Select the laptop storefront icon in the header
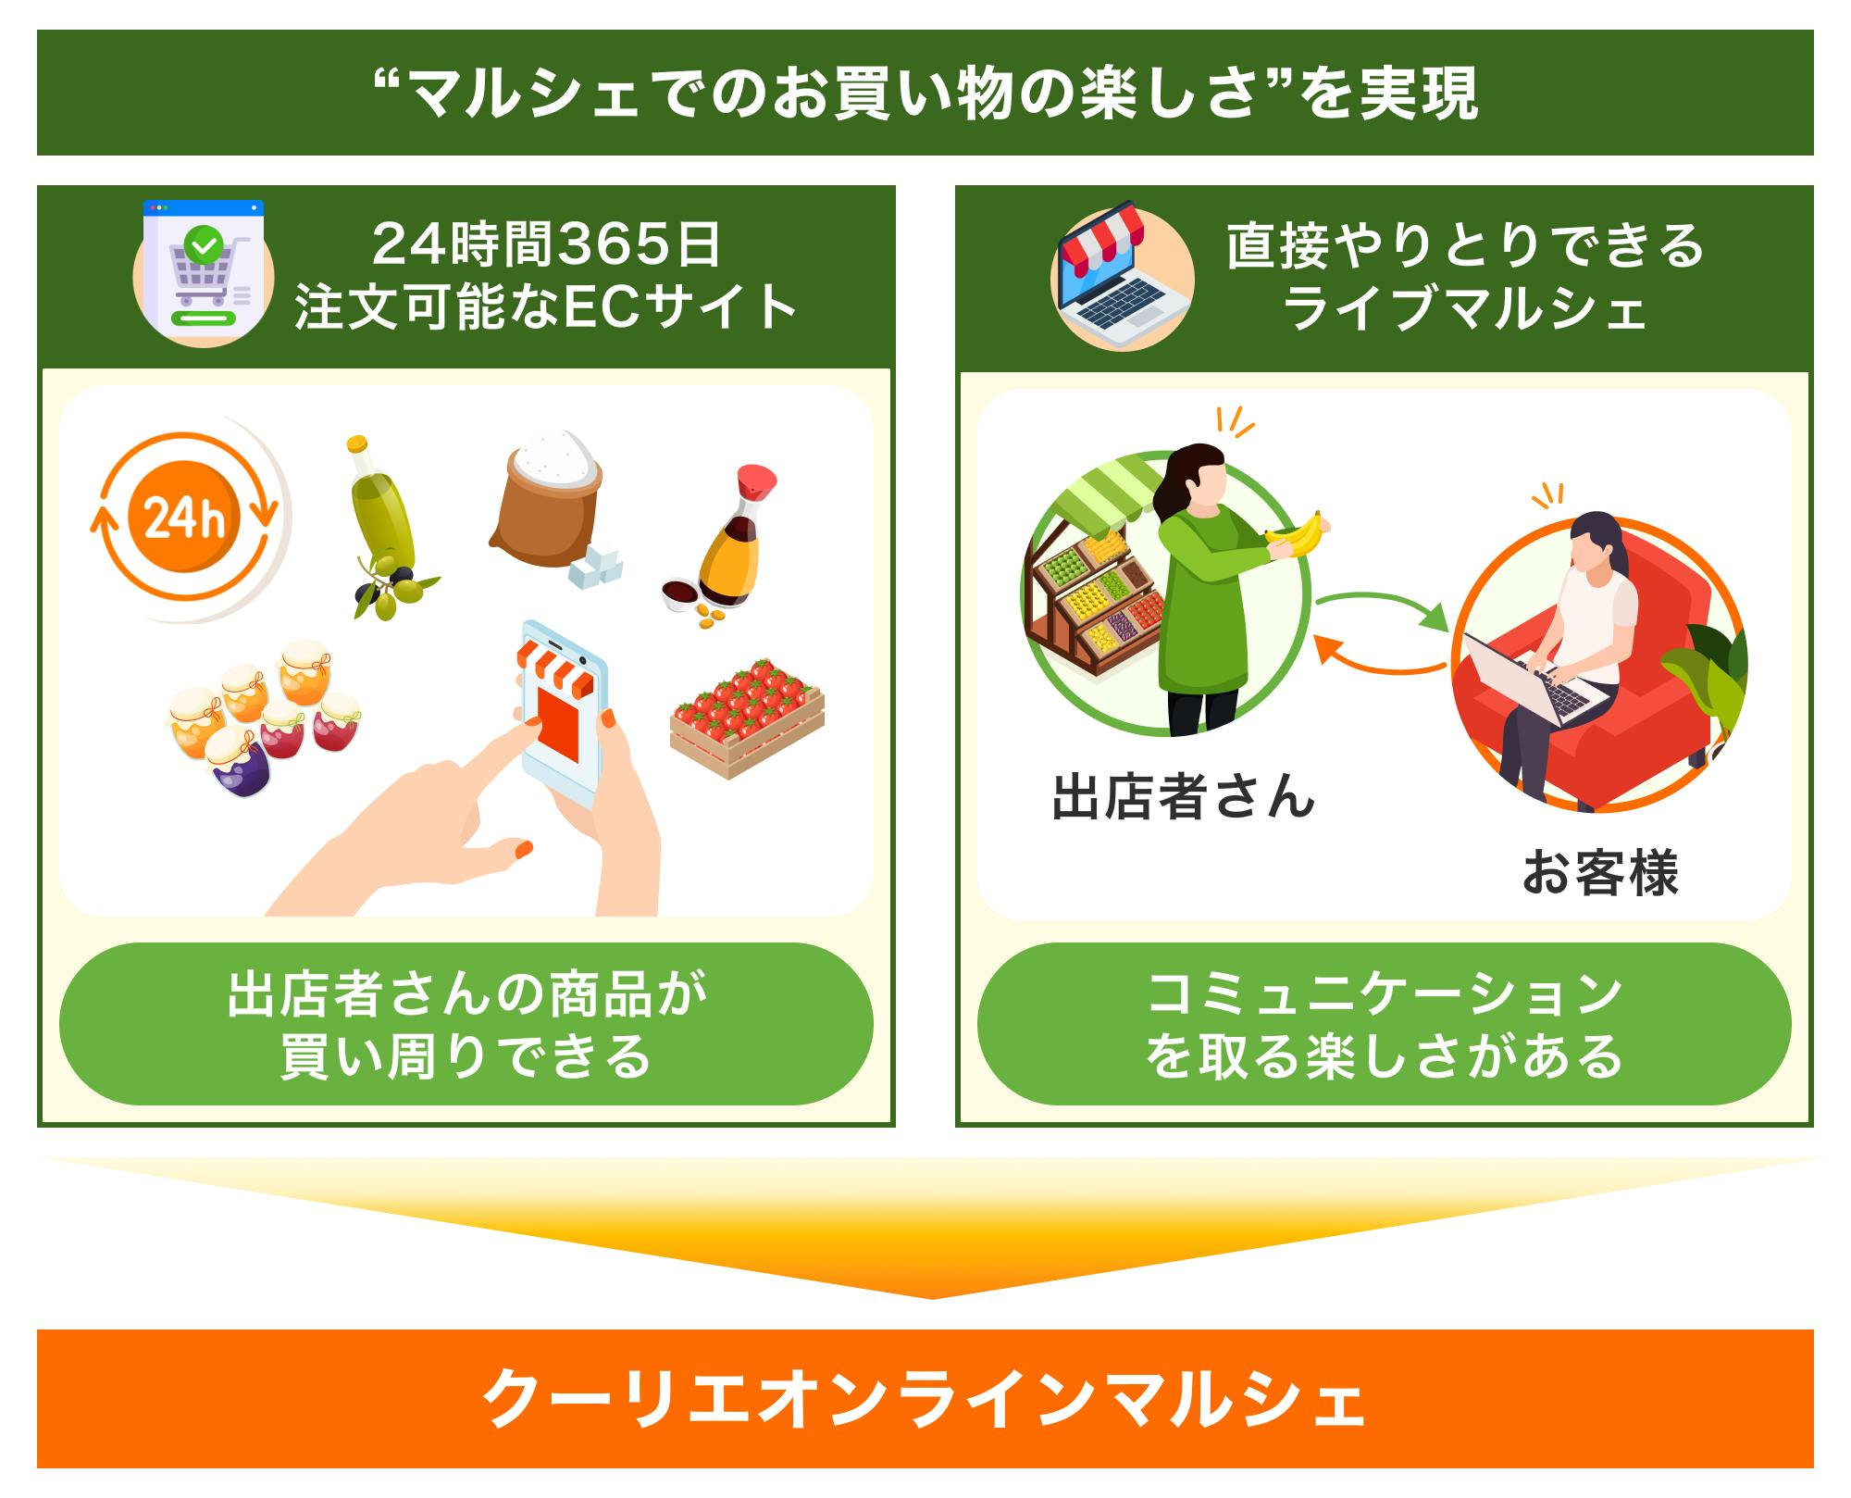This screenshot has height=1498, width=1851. point(1122,276)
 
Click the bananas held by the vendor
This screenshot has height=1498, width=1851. point(1296,534)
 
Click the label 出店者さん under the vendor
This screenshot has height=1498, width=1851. point(1183,797)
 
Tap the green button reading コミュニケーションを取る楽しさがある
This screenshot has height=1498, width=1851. point(1384,1023)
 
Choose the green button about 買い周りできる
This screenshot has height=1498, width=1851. point(466,1023)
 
